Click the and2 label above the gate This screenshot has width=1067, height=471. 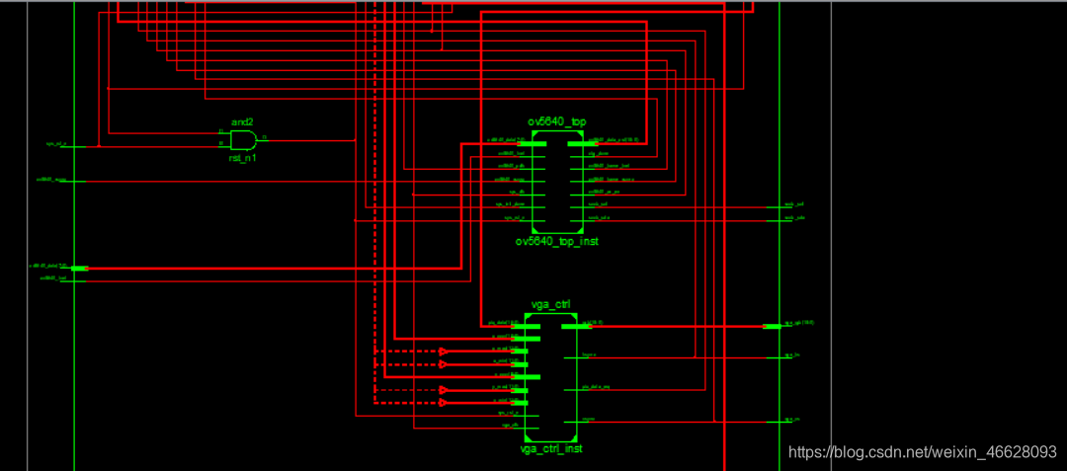(x=243, y=120)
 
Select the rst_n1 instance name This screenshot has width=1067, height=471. (x=243, y=158)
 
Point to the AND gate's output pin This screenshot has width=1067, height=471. (x=263, y=139)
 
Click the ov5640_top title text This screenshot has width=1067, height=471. (x=556, y=121)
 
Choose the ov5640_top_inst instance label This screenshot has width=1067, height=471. (x=556, y=241)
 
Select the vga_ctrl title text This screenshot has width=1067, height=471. (x=550, y=304)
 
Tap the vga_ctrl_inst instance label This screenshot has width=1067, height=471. (x=550, y=448)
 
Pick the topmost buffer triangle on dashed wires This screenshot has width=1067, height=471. (x=444, y=352)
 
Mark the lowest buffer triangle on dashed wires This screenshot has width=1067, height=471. (x=444, y=403)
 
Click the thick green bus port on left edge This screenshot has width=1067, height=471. (x=79, y=268)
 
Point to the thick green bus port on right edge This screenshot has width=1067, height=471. (x=772, y=326)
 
